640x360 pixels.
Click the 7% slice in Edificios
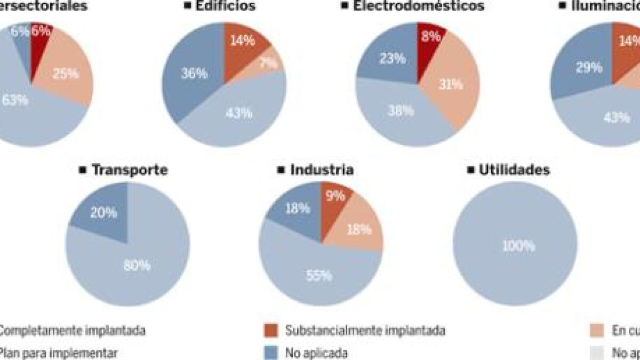[x=269, y=63]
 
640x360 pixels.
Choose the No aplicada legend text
[x=316, y=353]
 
